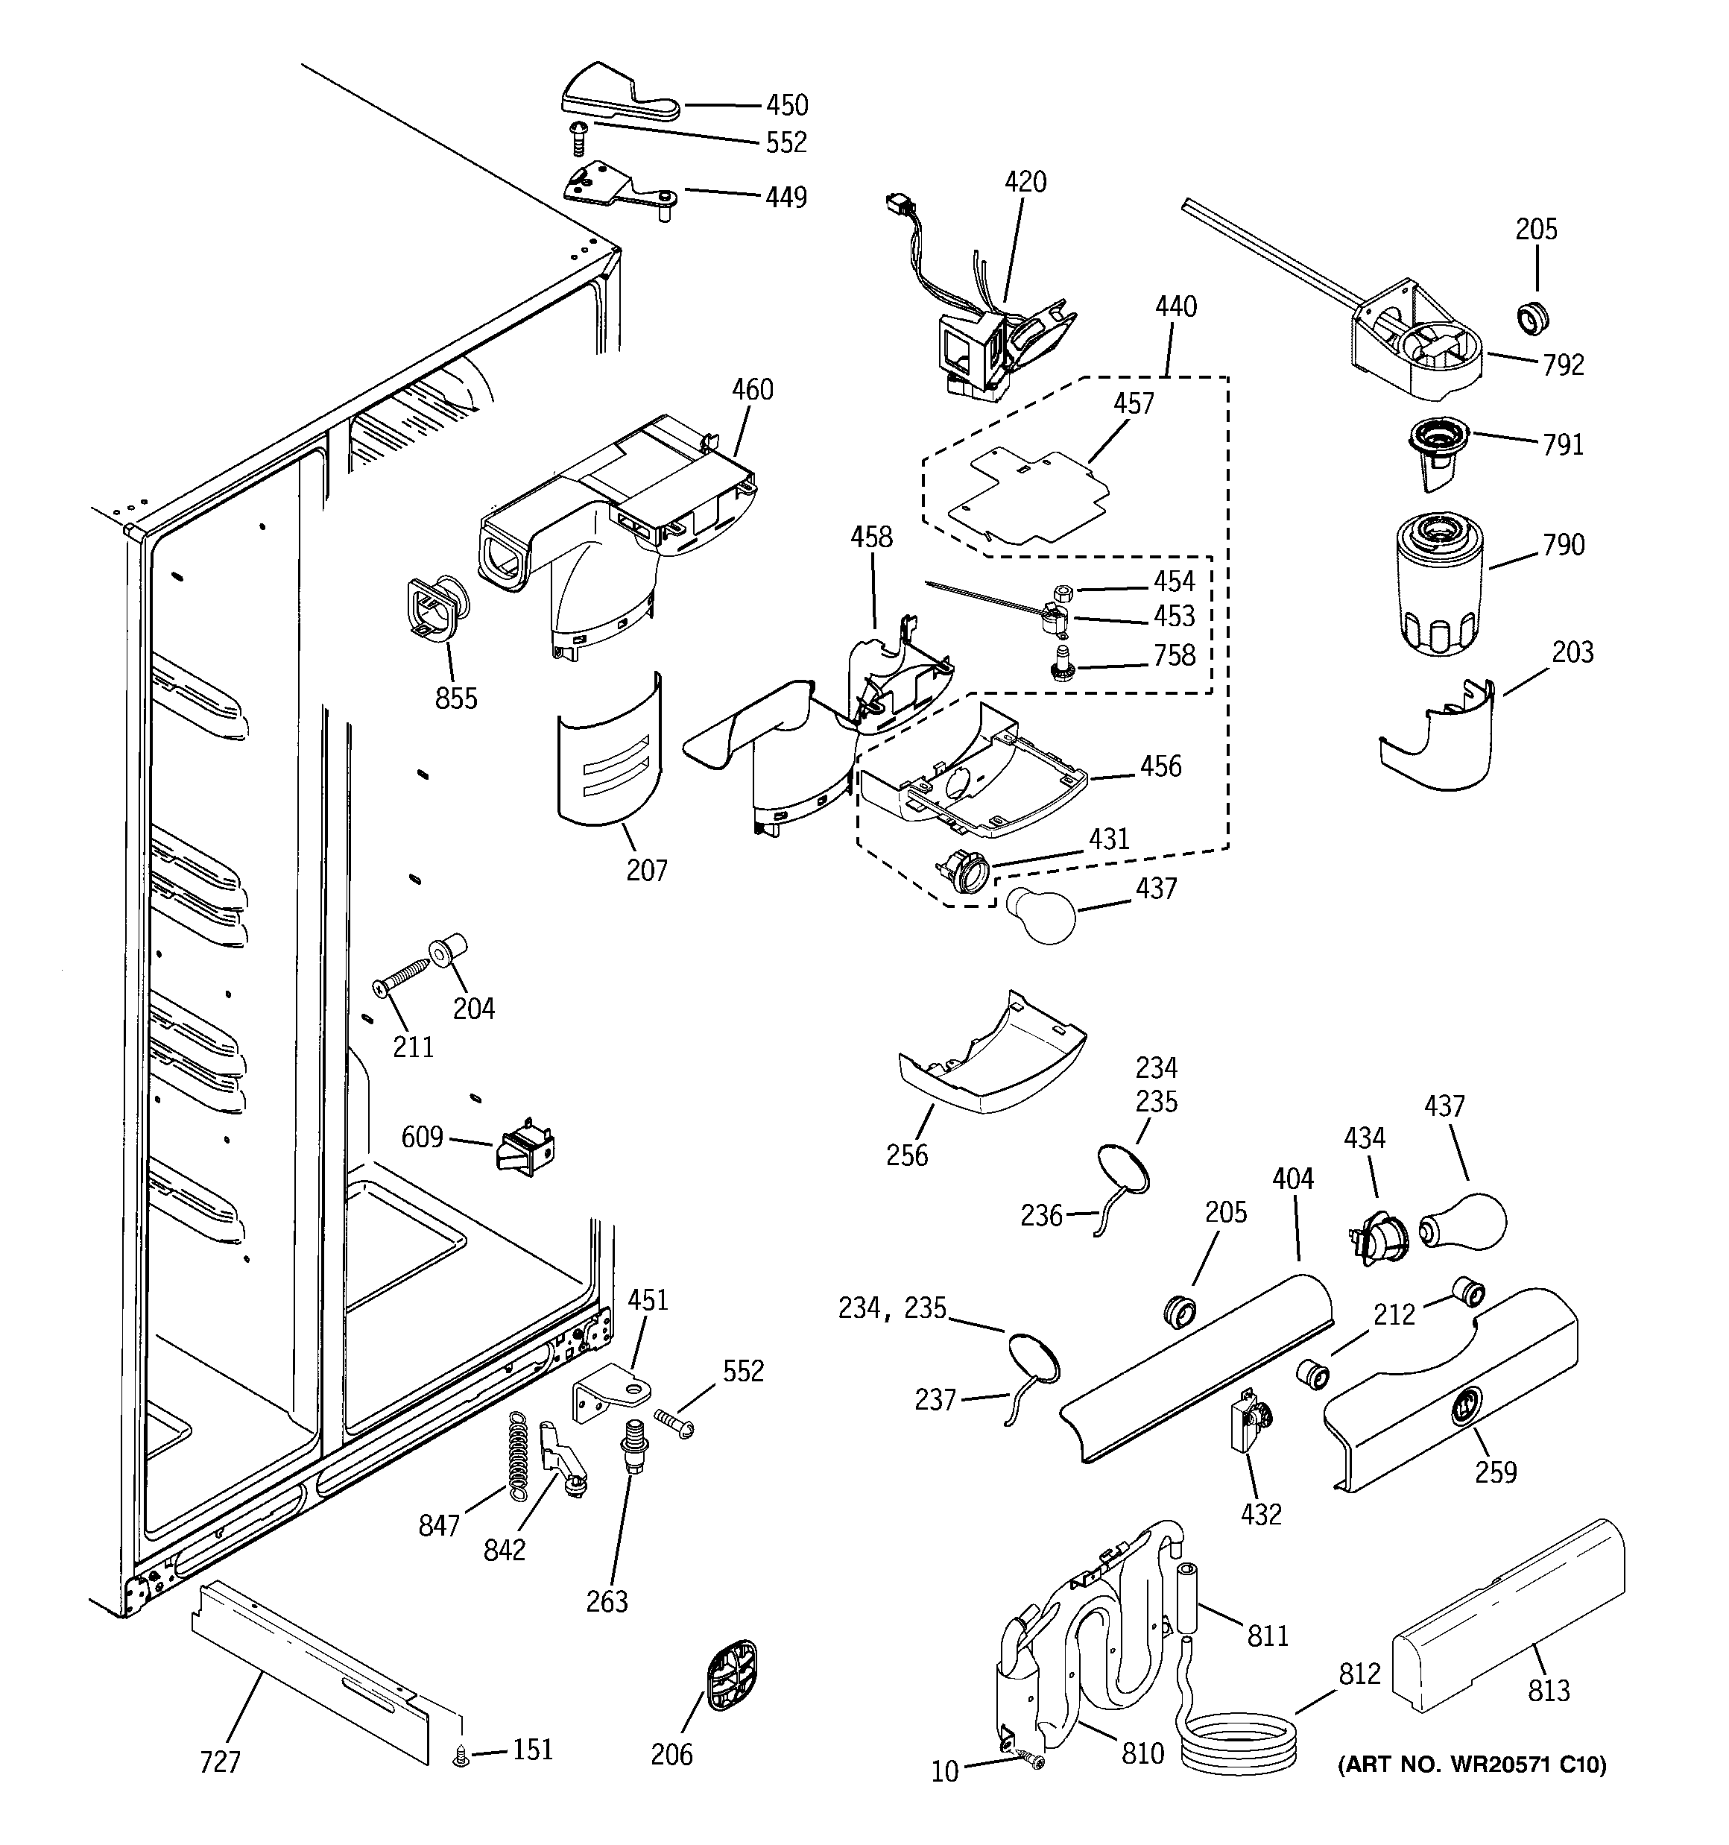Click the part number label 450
coord(786,105)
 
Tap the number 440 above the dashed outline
coord(1175,306)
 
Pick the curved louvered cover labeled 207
coord(610,751)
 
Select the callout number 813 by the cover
coord(1548,1690)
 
